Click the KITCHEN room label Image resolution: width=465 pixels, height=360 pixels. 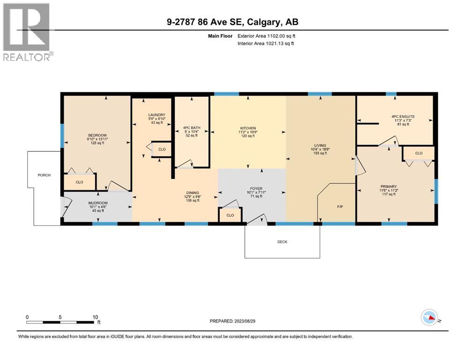pos(248,128)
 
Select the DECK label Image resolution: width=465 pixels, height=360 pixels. pos(282,242)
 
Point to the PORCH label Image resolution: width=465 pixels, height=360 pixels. pos(44,175)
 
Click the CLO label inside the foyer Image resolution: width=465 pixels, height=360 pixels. pos(230,215)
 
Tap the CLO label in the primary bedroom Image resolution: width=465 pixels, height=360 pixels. pos(419,153)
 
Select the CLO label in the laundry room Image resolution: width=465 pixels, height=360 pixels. pos(162,150)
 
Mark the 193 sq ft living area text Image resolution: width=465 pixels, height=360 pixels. pos(320,154)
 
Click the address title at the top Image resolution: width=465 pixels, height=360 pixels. pos(232,22)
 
